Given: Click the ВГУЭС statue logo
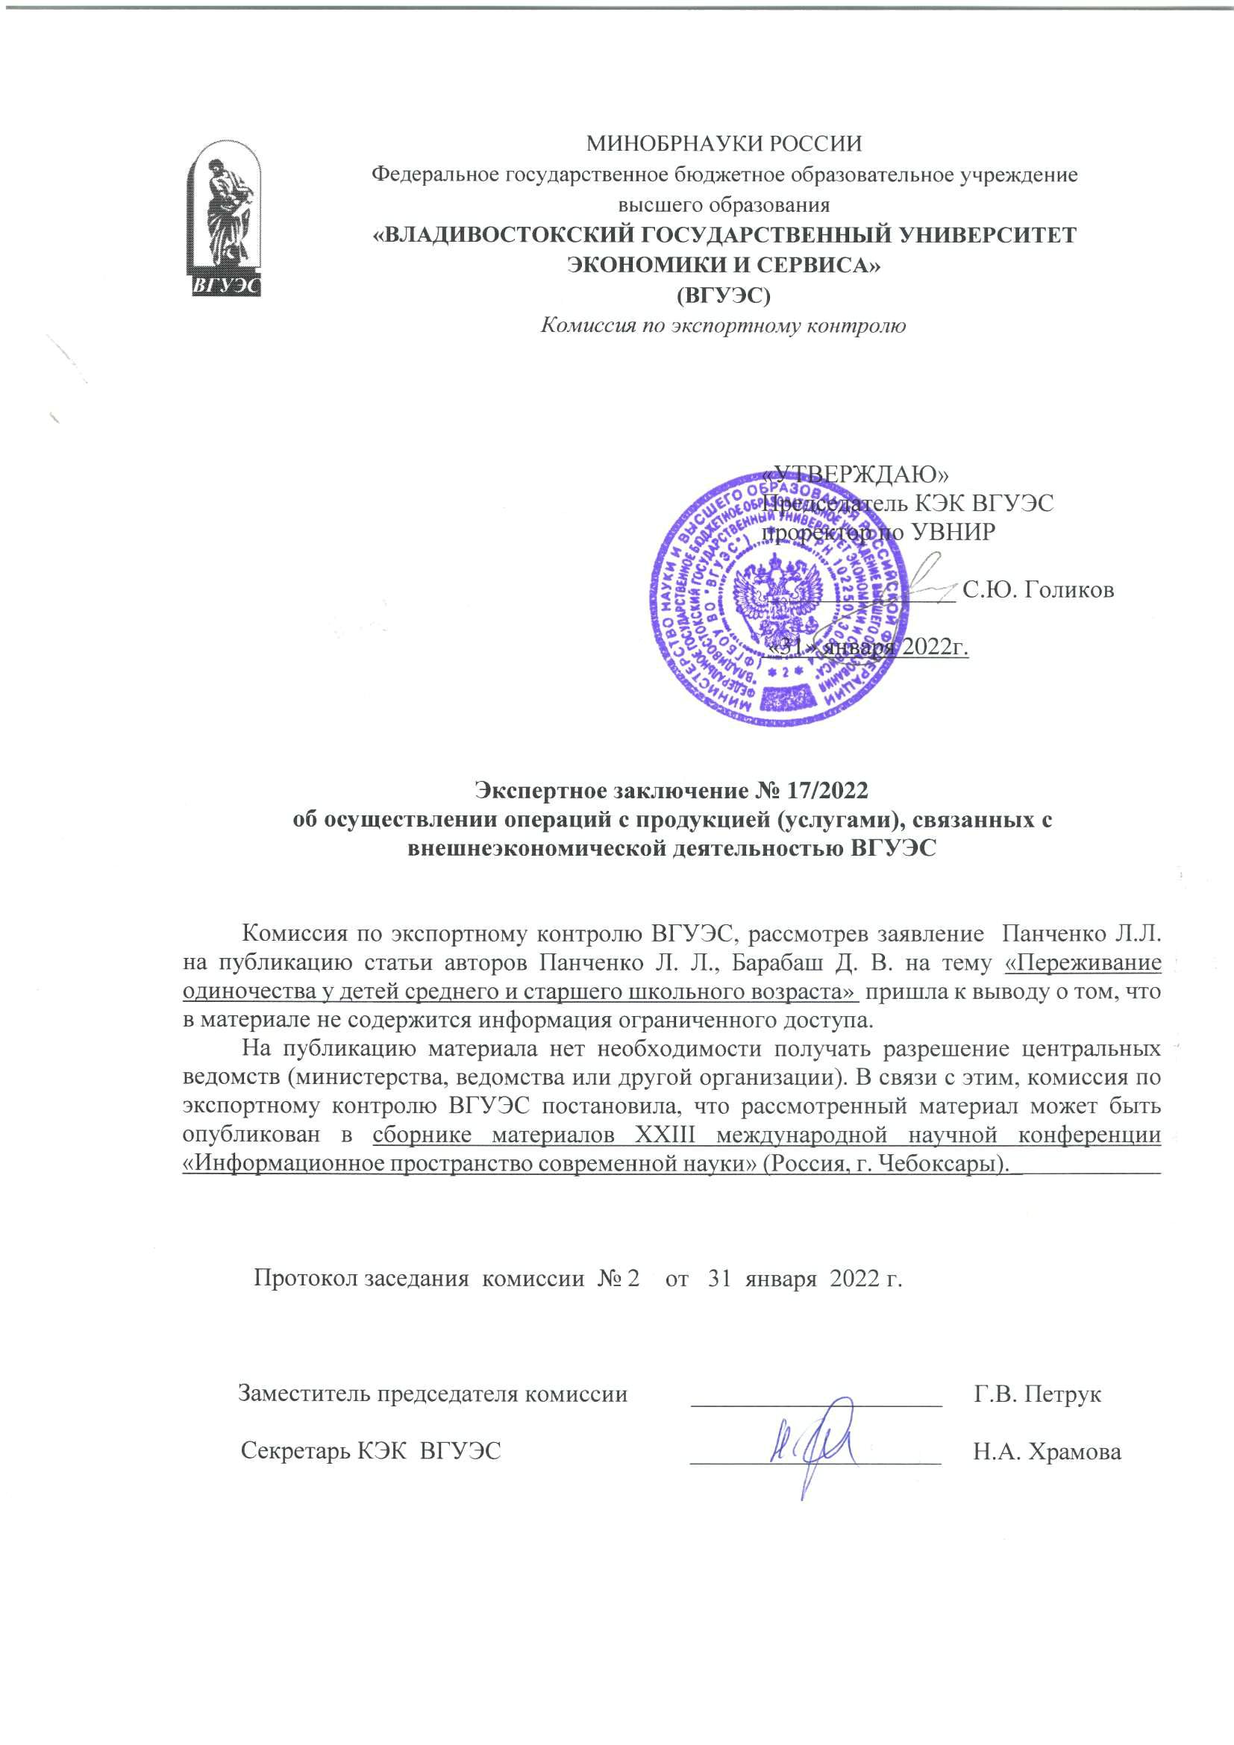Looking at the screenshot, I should click(224, 220).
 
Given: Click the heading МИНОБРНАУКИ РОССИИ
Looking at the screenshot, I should click(724, 143).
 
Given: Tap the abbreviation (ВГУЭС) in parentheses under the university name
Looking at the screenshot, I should click(724, 295).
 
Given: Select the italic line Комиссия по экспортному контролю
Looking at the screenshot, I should click(723, 326).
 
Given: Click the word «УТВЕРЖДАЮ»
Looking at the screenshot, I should click(859, 474).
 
